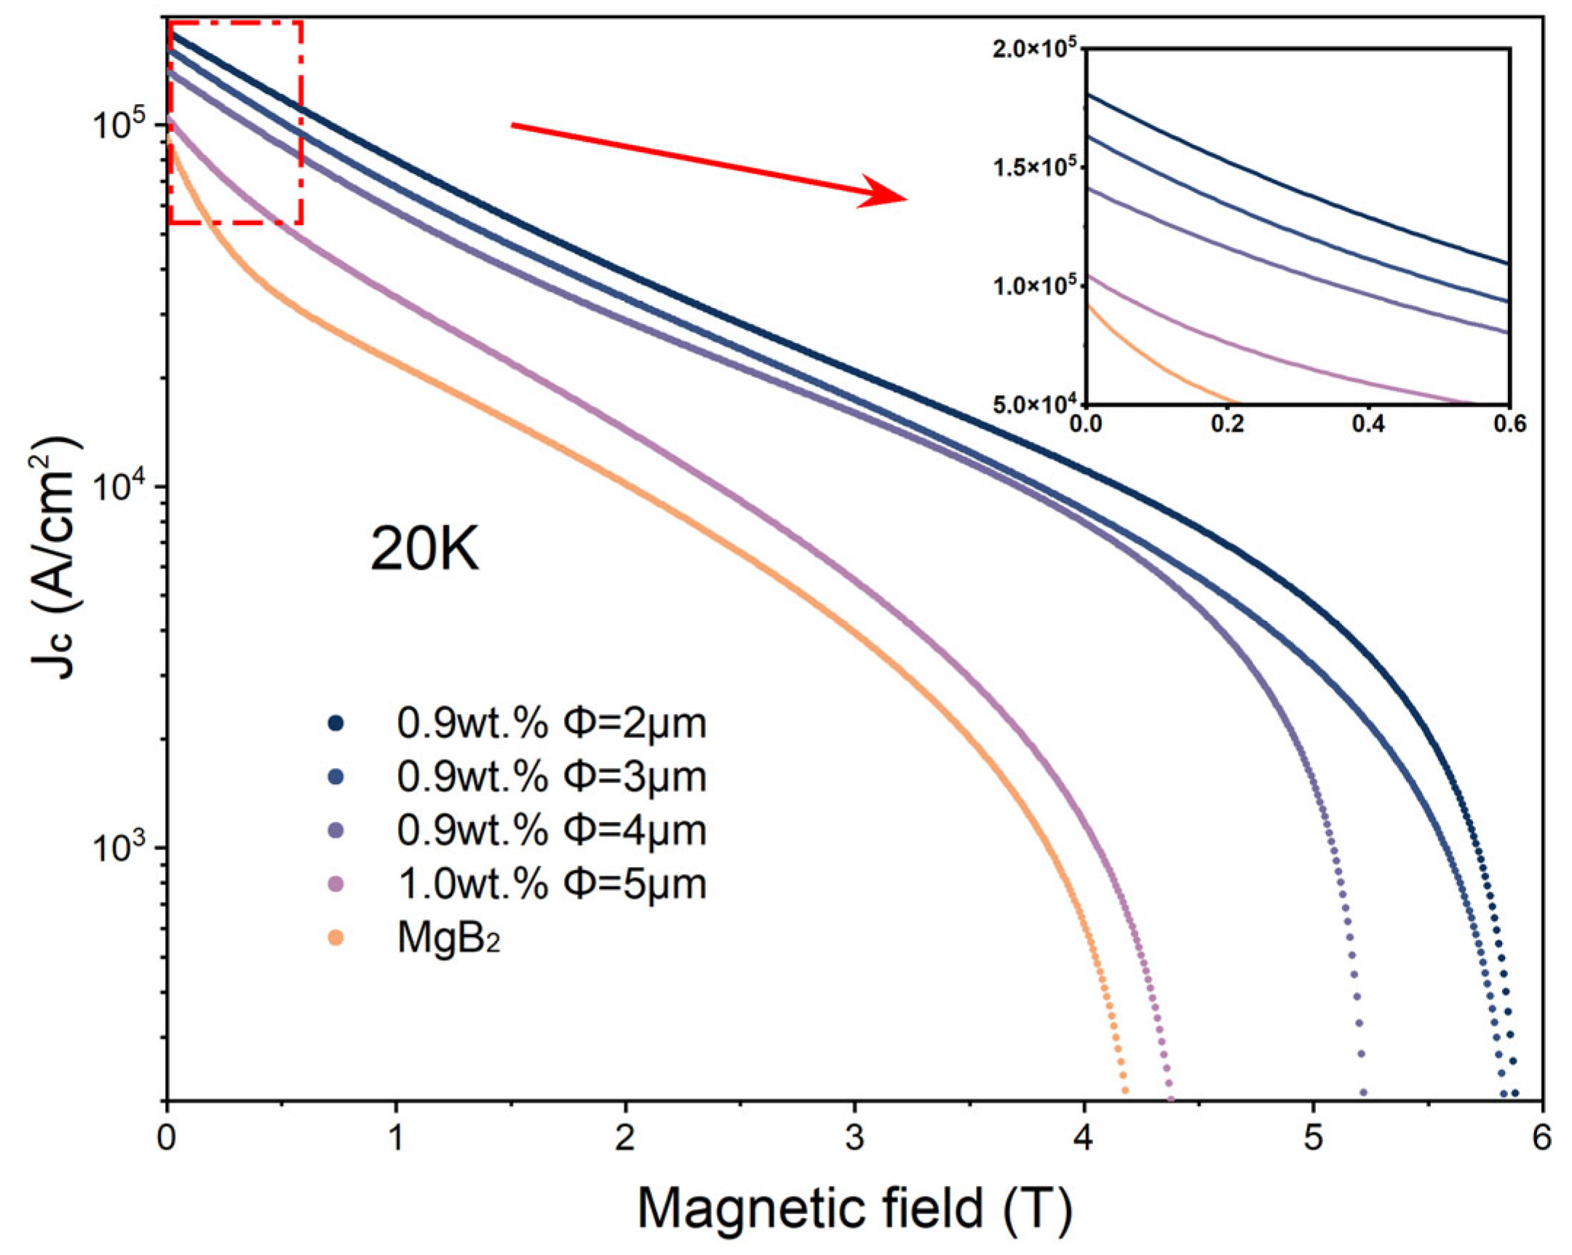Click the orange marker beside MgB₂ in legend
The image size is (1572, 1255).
[x=336, y=938]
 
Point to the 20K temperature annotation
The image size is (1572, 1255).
[x=424, y=550]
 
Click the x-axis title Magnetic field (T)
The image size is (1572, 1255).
[x=854, y=1208]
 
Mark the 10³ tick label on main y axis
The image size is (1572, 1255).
[x=117, y=848]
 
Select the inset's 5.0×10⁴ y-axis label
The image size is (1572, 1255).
[x=1035, y=404]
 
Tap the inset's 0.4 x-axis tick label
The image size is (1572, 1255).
[x=1367, y=425]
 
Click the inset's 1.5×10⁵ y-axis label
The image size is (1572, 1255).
[x=1035, y=167]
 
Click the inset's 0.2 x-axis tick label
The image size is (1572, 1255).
[x=1227, y=425]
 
